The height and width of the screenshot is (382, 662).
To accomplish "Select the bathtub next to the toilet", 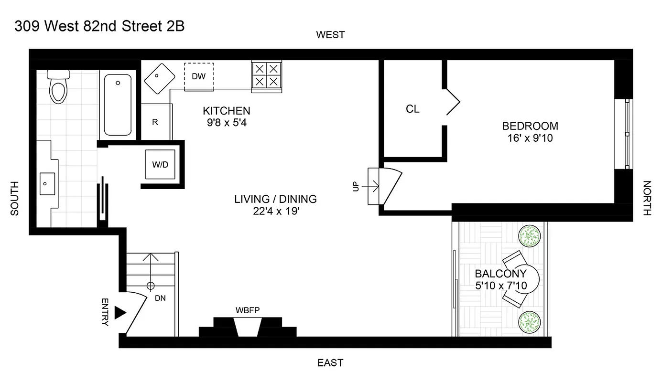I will [118, 105].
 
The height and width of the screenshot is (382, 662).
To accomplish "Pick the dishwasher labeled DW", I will [199, 76].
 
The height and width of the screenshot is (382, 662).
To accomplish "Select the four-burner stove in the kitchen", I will [266, 75].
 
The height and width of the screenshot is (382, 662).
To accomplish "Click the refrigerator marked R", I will [155, 122].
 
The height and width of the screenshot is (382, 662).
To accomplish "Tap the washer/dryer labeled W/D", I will [160, 165].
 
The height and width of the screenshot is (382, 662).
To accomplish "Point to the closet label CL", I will [412, 109].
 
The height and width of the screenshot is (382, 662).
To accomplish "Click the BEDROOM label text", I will [530, 127].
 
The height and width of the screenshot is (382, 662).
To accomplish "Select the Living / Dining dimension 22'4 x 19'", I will [275, 211].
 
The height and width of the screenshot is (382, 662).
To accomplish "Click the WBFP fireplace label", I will [247, 310].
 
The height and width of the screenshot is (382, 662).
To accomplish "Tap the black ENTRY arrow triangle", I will [120, 313].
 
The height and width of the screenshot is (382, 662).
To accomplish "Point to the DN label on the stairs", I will [160, 297].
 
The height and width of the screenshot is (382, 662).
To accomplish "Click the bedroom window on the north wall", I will [628, 133].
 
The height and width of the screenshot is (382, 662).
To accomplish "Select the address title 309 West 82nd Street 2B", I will [99, 26].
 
